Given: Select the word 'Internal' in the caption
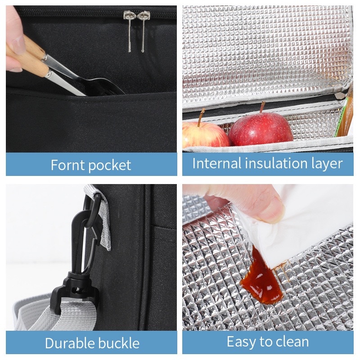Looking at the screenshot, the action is pos(217,163).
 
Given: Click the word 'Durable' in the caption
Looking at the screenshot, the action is pos(68,343).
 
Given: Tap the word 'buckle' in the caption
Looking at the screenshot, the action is pos(117,343).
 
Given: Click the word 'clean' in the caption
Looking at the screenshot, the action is pos(292,342).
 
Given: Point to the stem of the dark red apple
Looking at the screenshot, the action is pos(262,107).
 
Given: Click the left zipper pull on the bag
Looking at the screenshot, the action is pos(129,30).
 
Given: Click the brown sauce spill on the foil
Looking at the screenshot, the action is pos(261,277).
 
